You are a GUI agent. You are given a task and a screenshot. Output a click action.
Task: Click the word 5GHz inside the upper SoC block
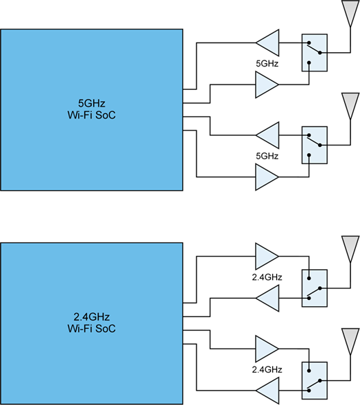click(x=92, y=104)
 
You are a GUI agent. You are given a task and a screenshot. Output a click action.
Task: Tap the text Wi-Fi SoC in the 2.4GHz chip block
click(x=92, y=329)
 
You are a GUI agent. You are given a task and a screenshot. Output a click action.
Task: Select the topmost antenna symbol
click(x=350, y=14)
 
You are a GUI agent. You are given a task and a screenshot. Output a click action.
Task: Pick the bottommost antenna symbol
click(x=350, y=341)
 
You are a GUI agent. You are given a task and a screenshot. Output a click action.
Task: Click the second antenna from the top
click(x=350, y=106)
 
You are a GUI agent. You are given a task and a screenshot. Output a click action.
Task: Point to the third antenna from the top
click(x=350, y=249)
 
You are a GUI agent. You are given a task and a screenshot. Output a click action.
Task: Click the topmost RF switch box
click(x=315, y=53)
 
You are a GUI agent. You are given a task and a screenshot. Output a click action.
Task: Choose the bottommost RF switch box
click(x=315, y=380)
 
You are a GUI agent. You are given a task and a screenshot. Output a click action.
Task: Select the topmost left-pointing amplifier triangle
click(x=267, y=43)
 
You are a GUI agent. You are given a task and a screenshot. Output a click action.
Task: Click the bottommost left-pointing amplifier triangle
click(x=267, y=391)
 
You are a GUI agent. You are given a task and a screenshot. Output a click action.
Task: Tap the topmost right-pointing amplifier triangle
click(x=267, y=84)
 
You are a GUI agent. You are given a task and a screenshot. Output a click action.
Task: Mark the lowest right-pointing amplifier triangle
click(x=267, y=349)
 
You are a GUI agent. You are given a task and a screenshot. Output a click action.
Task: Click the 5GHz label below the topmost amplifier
click(x=267, y=64)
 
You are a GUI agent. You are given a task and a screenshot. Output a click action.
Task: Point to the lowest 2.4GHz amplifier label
click(x=267, y=369)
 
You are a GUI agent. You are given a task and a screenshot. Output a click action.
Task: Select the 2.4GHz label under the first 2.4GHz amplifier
click(x=267, y=277)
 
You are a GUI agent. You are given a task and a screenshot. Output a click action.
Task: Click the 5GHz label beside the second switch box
click(x=267, y=156)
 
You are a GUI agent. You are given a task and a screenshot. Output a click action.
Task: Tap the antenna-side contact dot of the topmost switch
click(x=320, y=53)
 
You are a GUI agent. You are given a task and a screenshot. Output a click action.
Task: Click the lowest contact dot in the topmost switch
click(x=309, y=62)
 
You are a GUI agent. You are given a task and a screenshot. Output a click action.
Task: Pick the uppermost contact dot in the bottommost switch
click(x=309, y=371)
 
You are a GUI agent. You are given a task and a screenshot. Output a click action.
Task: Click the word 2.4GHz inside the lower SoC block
click(x=92, y=317)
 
